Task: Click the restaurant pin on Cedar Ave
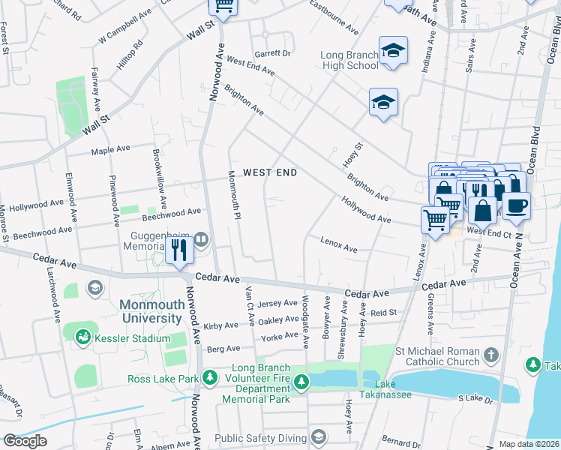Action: coord(178,250)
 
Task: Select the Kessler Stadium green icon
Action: coord(83,338)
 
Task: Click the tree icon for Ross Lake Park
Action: coord(212,376)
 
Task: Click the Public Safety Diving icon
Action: coord(319,436)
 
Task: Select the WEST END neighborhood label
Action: coord(270,172)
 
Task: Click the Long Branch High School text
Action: coord(349,60)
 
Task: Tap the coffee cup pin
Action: coord(516,205)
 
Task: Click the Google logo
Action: coord(25,441)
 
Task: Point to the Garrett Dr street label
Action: coord(271,53)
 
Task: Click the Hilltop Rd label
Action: coord(129,55)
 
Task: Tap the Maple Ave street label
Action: coord(112,151)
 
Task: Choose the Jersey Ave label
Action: coord(277,304)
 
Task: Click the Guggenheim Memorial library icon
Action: coord(201,240)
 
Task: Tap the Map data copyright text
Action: coord(529,443)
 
